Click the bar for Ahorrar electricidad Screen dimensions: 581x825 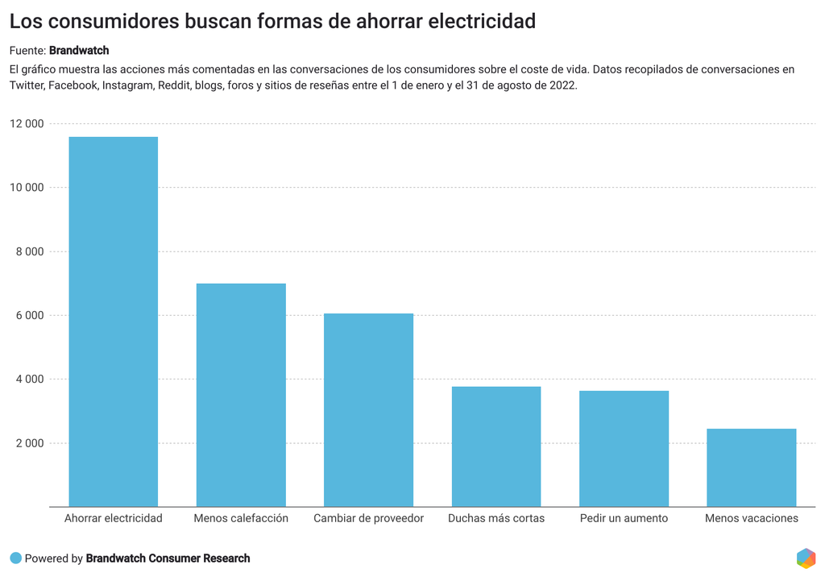point(114,322)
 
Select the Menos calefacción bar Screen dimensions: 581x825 point(241,395)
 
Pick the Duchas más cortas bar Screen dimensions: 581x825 point(496,446)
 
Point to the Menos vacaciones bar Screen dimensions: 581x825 point(751,467)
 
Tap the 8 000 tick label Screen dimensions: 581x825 point(30,251)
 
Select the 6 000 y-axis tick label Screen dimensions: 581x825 point(30,315)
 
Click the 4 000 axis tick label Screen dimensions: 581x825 point(30,379)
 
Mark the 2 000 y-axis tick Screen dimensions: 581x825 point(30,443)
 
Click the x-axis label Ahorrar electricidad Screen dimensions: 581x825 point(114,518)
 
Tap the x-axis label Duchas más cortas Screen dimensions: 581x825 point(496,518)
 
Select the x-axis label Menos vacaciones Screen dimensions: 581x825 point(751,518)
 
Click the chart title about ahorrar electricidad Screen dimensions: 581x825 point(272,22)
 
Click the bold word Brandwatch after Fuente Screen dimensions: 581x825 point(79,50)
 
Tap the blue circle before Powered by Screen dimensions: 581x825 point(15,558)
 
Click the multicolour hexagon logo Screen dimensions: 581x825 point(805,558)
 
